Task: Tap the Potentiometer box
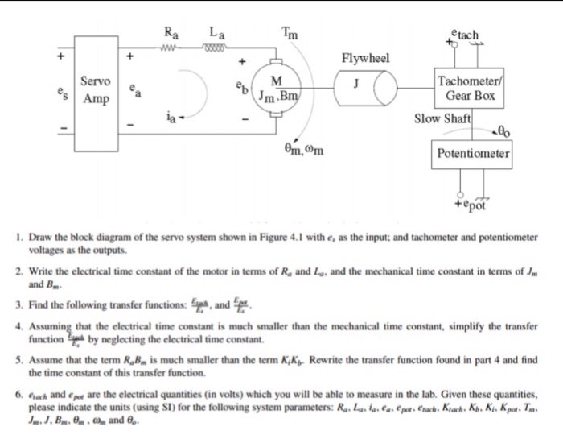pos(474,152)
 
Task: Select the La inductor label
pos(217,34)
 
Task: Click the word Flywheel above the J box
pos(365,59)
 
